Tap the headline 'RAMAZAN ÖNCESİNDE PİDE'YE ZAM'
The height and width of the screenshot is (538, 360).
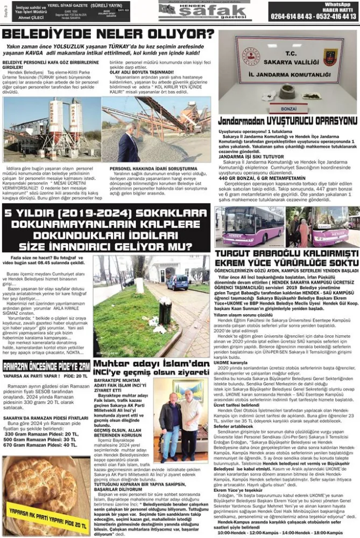(x=46, y=366)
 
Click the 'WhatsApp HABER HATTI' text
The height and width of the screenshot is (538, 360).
(x=337, y=6)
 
